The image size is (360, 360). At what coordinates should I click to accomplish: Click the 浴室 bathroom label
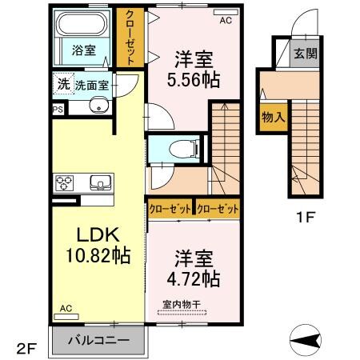pyautogui.click(x=85, y=50)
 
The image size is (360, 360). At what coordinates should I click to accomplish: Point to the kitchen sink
pyautogui.click(x=100, y=182)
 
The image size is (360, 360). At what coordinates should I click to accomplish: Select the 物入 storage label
pyautogui.click(x=274, y=118)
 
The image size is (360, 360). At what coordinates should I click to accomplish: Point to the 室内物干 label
pyautogui.click(x=180, y=304)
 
